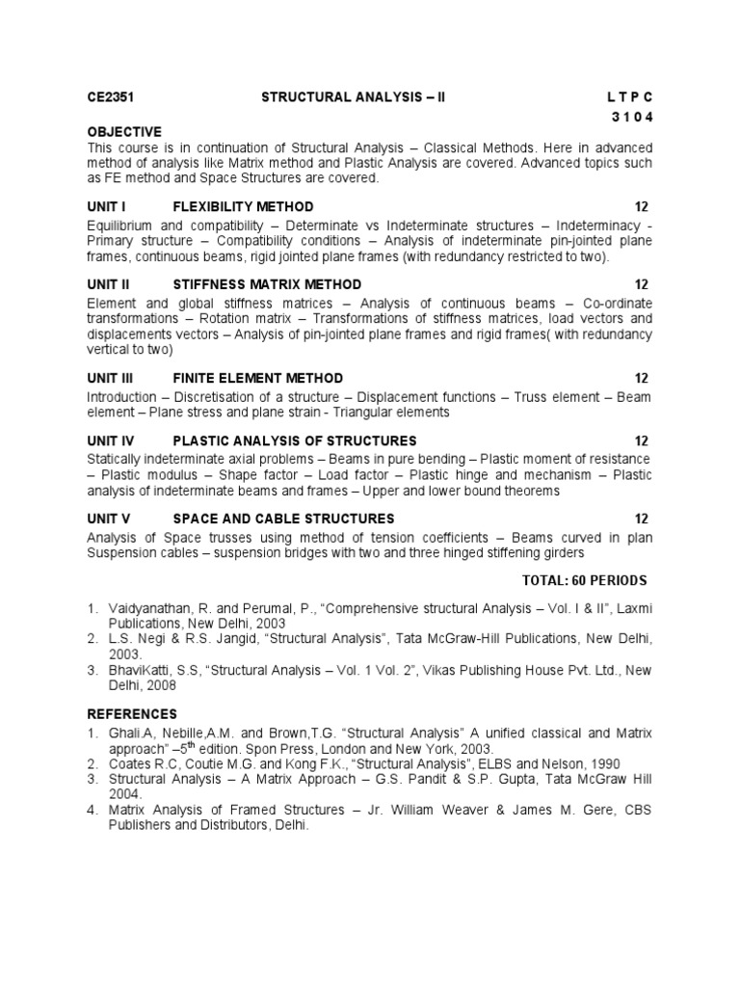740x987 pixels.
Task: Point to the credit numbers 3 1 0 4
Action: (631, 117)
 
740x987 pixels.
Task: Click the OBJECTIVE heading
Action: (124, 131)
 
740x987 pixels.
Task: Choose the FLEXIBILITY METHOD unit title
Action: (243, 207)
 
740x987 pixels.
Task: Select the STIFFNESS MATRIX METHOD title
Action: (267, 284)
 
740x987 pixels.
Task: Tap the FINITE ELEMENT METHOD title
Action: (257, 378)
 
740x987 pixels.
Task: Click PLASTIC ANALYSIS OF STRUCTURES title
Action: (294, 440)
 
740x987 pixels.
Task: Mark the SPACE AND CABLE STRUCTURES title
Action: (283, 519)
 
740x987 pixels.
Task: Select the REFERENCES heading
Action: (132, 714)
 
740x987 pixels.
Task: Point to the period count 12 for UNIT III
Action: (642, 378)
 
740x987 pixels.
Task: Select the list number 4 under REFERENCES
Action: (92, 811)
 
